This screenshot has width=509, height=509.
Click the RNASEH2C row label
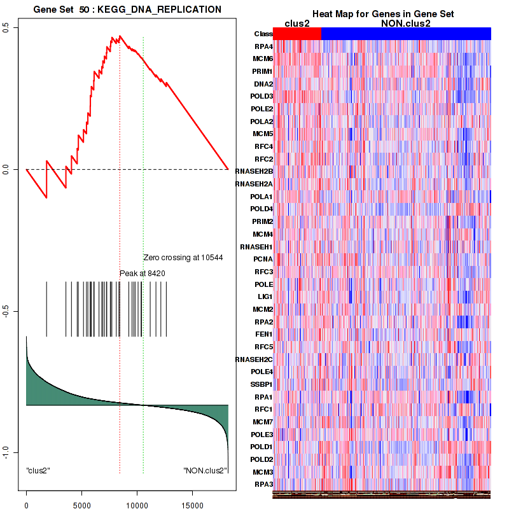[x=254, y=359]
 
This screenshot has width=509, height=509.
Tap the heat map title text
[x=382, y=14]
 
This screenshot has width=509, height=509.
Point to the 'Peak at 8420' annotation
[x=143, y=273]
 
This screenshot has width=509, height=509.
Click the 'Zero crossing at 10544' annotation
[x=183, y=258]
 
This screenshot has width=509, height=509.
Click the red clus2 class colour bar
[x=297, y=34]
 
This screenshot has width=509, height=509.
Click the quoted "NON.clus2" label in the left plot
[x=205, y=471]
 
